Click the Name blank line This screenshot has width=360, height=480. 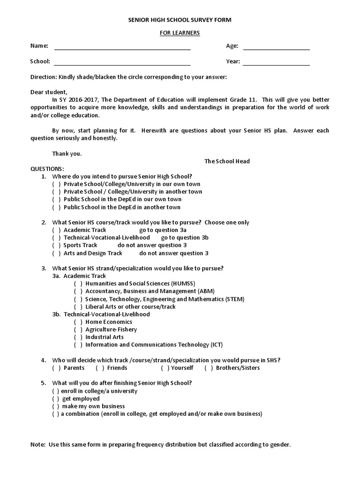[x=122, y=49]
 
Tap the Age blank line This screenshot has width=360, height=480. [x=276, y=49]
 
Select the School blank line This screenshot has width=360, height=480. [x=122, y=65]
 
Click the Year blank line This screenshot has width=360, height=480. [x=276, y=65]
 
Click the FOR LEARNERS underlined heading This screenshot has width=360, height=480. [x=180, y=33]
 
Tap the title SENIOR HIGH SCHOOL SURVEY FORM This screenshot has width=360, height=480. [x=180, y=20]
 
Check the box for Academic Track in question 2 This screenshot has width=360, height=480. [x=56, y=230]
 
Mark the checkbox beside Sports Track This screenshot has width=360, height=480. [x=56, y=245]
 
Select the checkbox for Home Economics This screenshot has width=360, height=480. [x=78, y=322]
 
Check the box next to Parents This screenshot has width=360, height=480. [x=56, y=368]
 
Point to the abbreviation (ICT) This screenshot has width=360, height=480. [x=216, y=345]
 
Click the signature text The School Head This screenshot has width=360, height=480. [x=227, y=161]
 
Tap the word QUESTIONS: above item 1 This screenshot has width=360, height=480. [x=47, y=169]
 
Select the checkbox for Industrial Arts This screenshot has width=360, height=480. [x=78, y=337]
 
